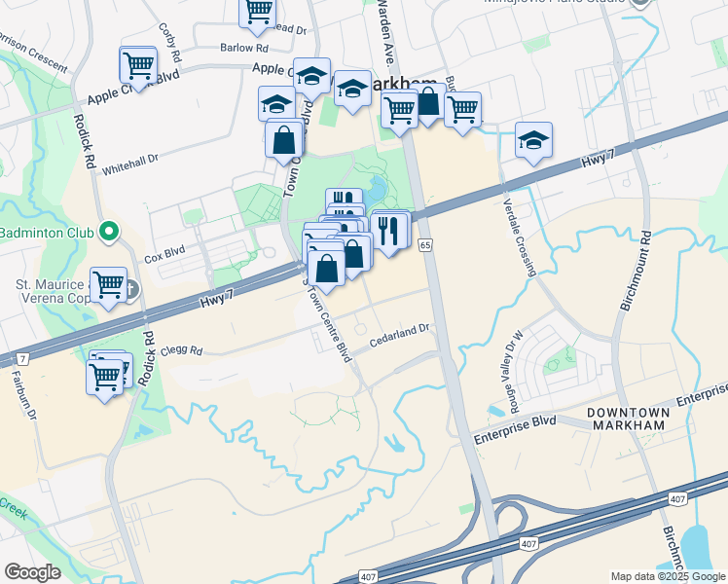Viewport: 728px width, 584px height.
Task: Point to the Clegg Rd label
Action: coord(181,350)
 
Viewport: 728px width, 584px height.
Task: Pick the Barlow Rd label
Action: coord(243,48)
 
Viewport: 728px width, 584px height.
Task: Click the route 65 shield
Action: coord(425,245)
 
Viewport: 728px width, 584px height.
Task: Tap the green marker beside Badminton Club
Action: coord(109,233)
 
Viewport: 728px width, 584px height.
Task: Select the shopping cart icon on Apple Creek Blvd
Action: coord(137,65)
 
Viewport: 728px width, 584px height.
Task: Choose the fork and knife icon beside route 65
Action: coord(389,230)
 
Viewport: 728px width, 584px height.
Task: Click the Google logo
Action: coord(32,572)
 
